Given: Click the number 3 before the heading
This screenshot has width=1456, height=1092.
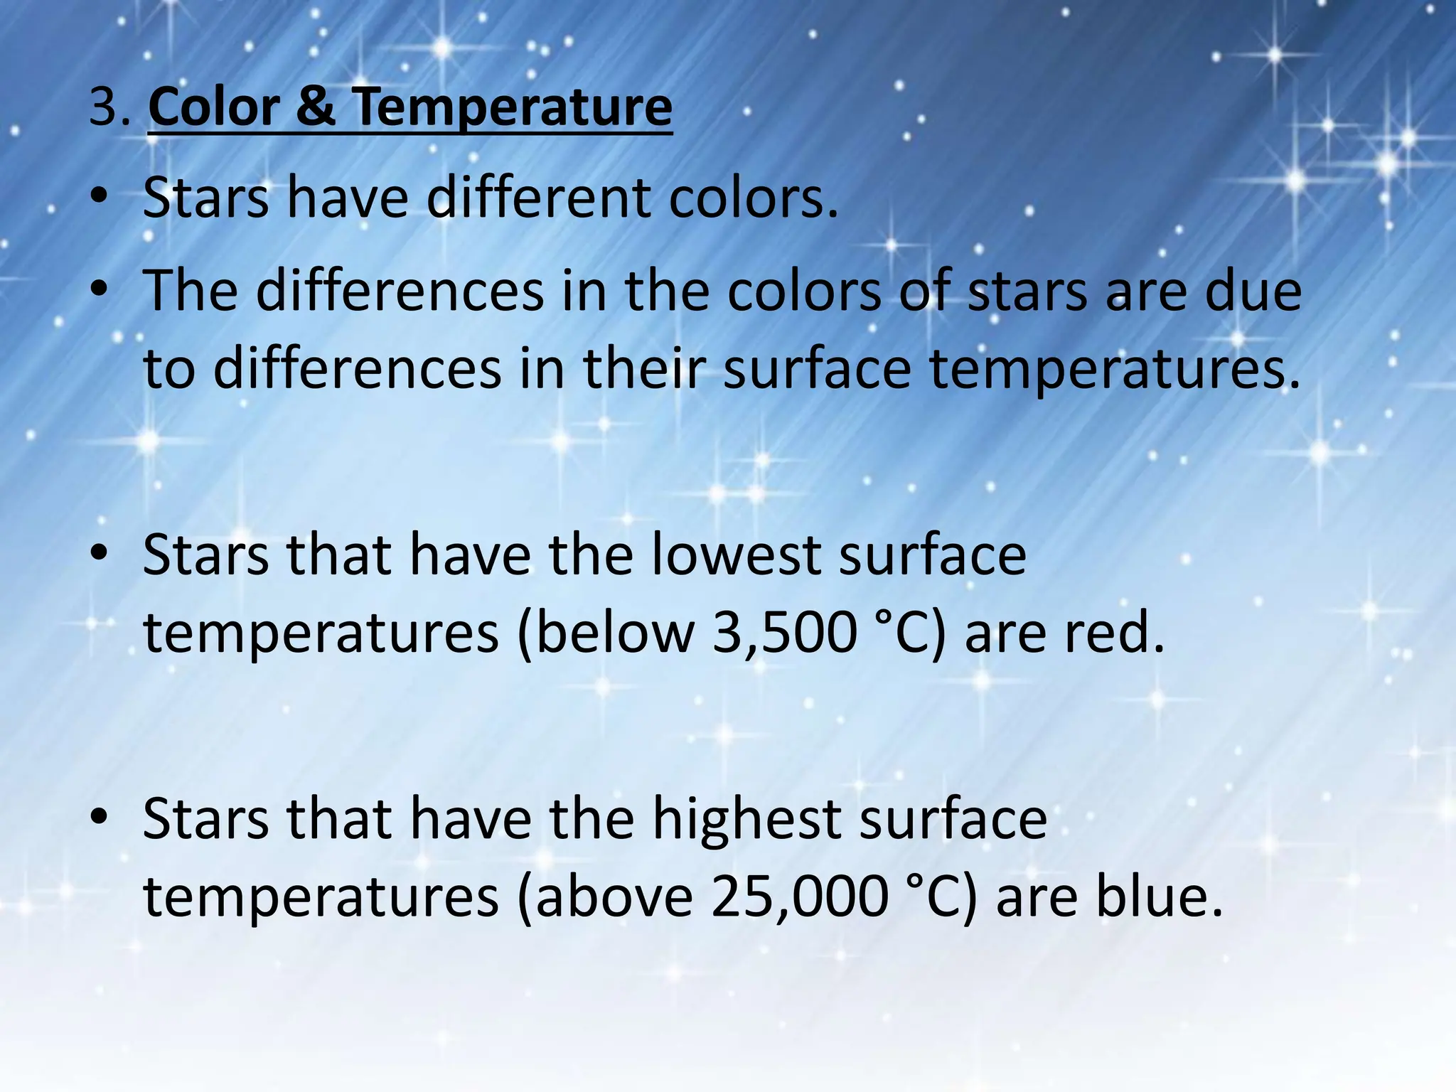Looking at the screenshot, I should point(103,108).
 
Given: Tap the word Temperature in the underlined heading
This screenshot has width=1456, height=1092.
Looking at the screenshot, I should point(512,108).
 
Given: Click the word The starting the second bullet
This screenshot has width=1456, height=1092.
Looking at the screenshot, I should point(190,291).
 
